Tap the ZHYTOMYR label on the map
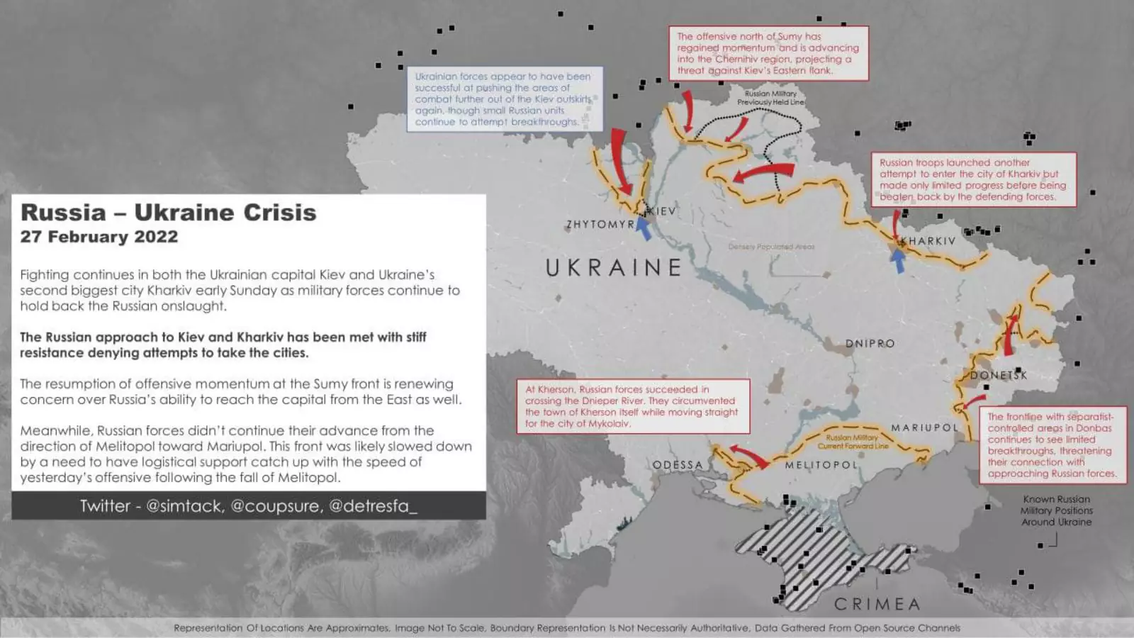tap(600, 225)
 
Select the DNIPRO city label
tap(870, 344)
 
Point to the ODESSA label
tap(678, 465)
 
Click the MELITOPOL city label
tap(821, 465)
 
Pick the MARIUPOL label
tap(925, 427)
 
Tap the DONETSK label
tap(999, 375)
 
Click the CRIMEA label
tap(877, 604)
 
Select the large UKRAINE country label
tap(614, 267)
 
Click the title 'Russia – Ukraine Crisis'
tap(169, 212)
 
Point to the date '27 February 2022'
tap(99, 237)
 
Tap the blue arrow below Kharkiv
tap(898, 261)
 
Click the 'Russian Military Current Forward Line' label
tap(853, 442)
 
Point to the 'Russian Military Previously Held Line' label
tap(770, 98)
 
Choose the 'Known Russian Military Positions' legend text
tap(1056, 510)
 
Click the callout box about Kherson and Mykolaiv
tap(632, 406)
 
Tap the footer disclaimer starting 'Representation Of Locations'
tap(567, 628)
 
